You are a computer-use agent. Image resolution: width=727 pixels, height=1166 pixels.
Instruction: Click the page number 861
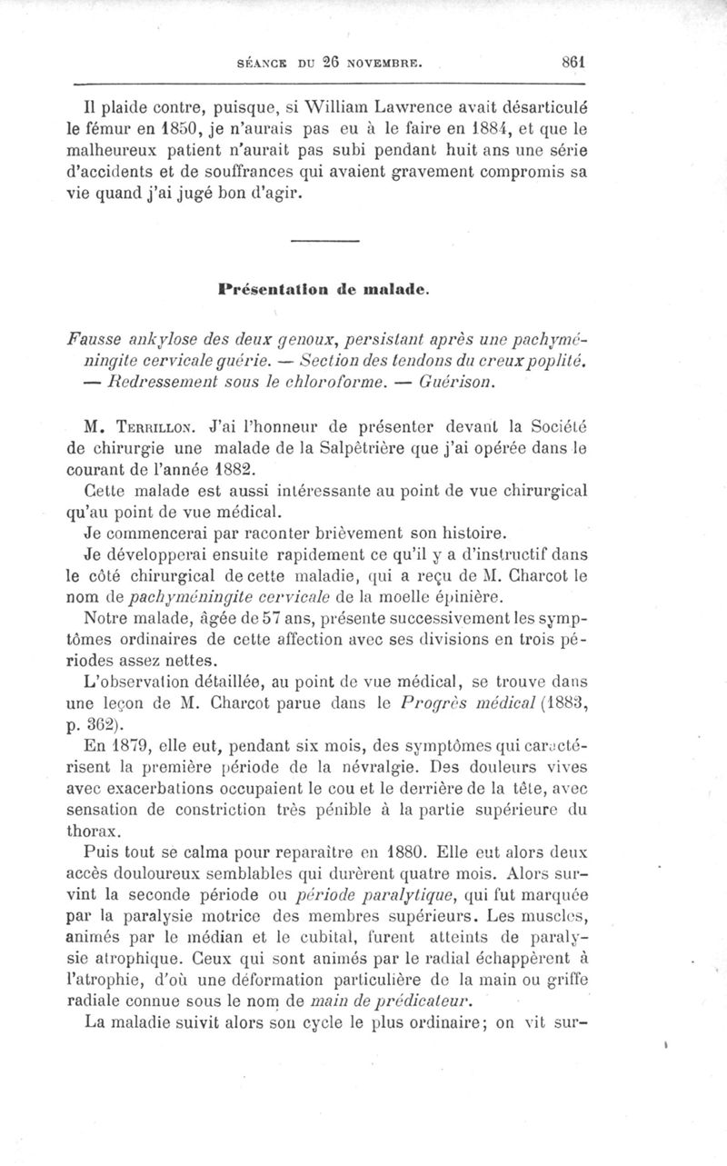tap(573, 64)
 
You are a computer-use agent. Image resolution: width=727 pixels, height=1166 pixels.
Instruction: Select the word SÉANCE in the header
tap(256, 65)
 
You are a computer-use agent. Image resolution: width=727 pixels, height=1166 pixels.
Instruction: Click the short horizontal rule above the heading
tap(327, 240)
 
